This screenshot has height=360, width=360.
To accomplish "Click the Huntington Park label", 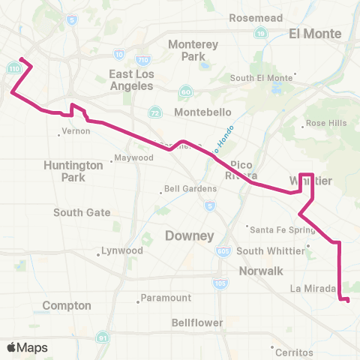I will [x=73, y=171].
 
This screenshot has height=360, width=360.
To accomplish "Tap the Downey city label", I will [x=189, y=236].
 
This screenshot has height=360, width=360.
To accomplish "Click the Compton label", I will [x=67, y=306].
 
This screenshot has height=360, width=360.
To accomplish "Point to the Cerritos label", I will [x=295, y=352].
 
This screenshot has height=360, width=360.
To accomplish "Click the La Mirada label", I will [x=310, y=288].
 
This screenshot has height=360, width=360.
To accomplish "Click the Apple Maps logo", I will [x=28, y=347].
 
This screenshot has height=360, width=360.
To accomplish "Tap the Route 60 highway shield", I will [x=184, y=91].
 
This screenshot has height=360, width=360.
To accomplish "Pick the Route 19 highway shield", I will [x=260, y=34].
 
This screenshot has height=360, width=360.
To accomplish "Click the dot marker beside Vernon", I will [x=59, y=135].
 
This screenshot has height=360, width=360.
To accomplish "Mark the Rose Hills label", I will [x=325, y=125].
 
